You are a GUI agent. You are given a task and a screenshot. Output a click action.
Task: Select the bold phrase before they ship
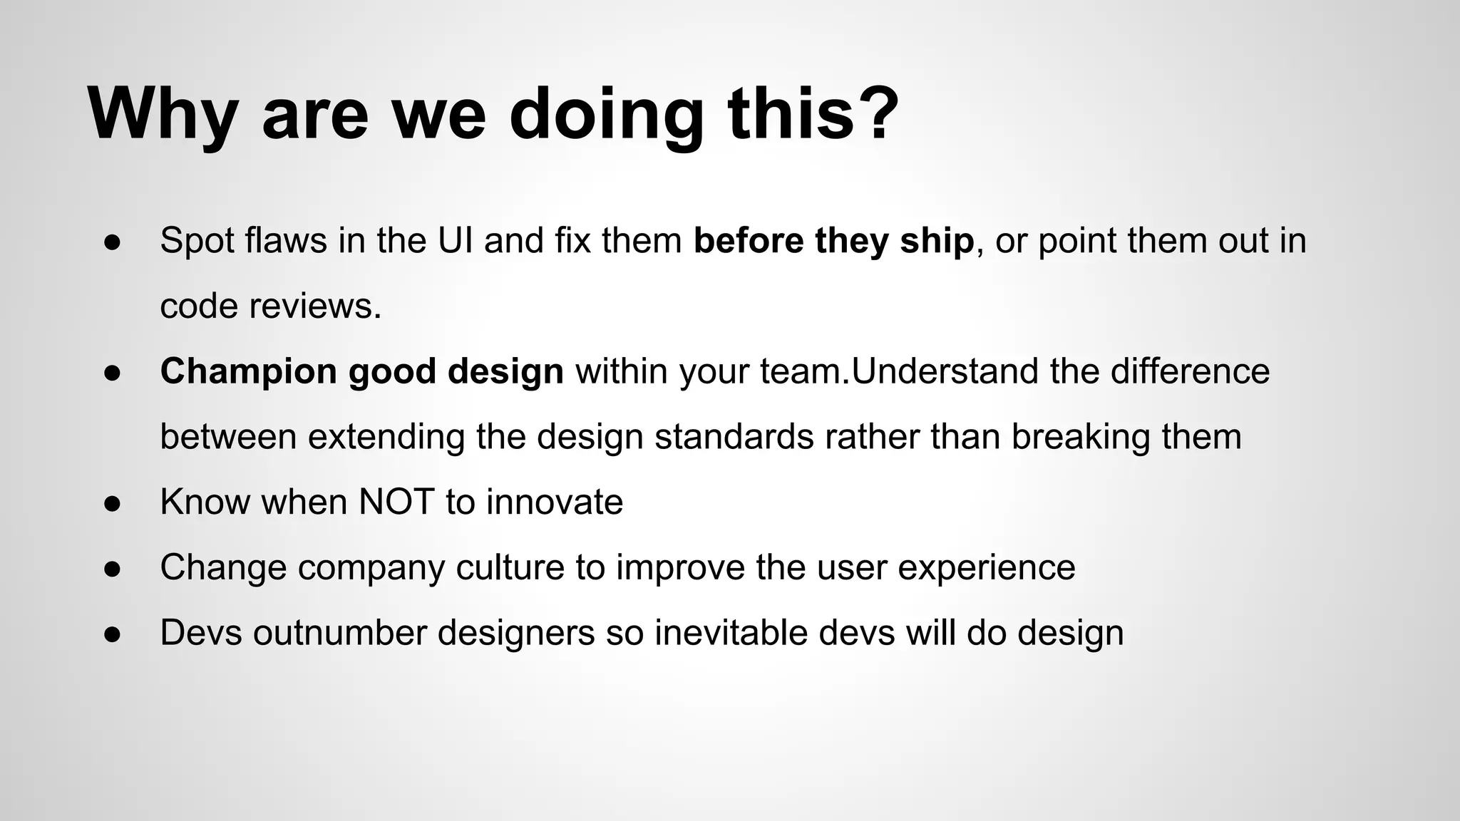pyautogui.click(x=833, y=241)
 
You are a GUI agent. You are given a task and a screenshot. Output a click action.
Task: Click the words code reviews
pyautogui.click(x=271, y=306)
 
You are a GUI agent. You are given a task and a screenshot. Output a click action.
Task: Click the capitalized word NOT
pyautogui.click(x=396, y=502)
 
